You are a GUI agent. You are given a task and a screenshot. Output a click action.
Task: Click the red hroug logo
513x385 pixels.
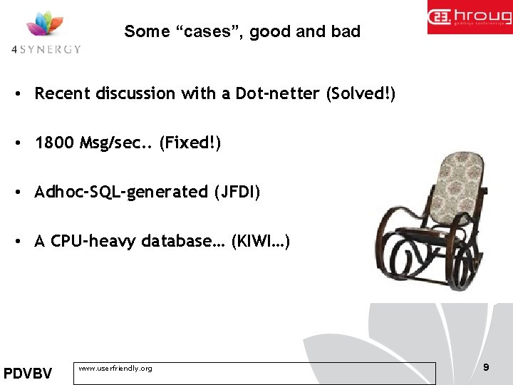[x=470, y=17]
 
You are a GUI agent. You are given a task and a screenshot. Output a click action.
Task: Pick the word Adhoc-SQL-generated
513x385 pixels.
[x=121, y=192]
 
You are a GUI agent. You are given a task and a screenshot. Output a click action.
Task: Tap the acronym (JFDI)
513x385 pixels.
[x=237, y=192]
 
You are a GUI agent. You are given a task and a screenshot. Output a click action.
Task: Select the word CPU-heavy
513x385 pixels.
[x=93, y=241]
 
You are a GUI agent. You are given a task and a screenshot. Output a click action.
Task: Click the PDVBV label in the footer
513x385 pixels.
[x=28, y=374]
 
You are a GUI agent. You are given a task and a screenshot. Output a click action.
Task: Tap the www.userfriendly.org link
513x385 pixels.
[x=115, y=369]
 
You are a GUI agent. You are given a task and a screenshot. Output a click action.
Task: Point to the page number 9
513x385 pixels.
[x=486, y=367]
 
